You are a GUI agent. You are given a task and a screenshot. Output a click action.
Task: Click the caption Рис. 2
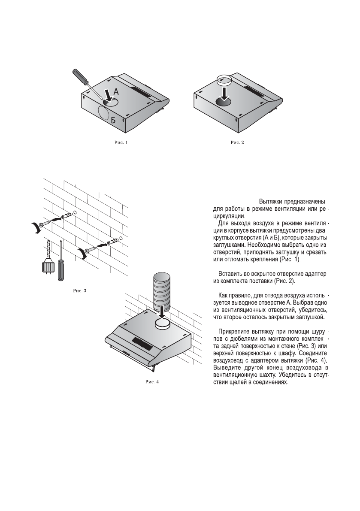click(x=237, y=142)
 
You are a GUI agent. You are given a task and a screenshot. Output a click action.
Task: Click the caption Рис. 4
click(x=151, y=382)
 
